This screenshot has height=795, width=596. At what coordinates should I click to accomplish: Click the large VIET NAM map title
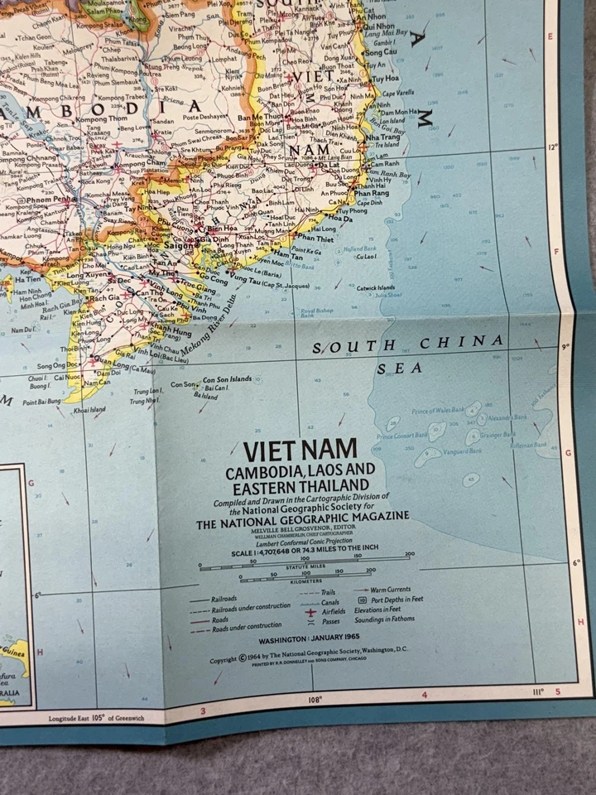click(300, 450)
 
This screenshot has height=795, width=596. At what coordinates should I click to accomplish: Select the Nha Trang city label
click(383, 136)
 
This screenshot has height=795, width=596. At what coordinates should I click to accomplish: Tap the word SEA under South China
click(400, 369)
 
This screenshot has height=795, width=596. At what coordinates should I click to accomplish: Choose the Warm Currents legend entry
click(389, 590)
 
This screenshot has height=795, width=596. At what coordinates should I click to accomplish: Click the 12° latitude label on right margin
click(553, 147)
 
